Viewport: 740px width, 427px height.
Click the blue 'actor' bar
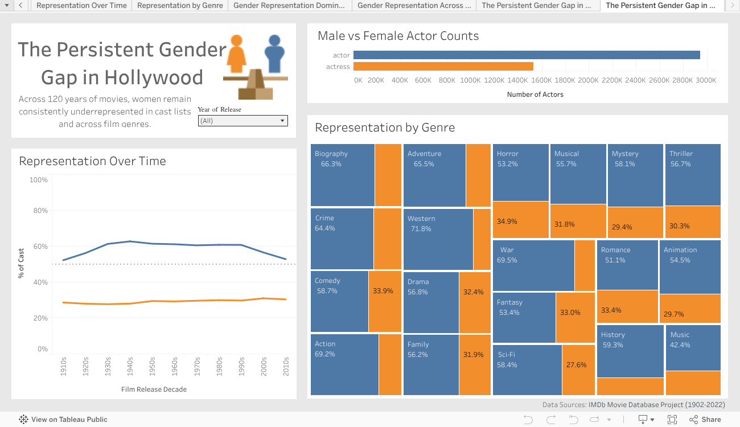click(526, 55)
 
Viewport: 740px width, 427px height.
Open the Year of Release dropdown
click(242, 121)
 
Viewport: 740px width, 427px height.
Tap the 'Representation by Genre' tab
click(180, 6)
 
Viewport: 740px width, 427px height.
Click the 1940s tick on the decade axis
click(130, 364)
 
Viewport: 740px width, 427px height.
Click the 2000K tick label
click(589, 80)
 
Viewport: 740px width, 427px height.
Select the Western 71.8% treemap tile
click(438, 239)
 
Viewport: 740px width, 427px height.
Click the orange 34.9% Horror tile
click(520, 221)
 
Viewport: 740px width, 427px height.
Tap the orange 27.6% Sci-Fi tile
click(578, 369)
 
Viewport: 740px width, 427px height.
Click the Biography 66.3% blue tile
click(343, 175)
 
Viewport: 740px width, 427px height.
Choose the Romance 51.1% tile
click(627, 265)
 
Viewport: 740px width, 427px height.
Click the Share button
click(705, 420)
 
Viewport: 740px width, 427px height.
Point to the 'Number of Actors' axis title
click(535, 95)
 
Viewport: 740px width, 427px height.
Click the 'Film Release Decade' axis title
click(154, 389)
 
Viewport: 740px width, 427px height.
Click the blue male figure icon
click(274, 54)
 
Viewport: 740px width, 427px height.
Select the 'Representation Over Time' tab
click(81, 6)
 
